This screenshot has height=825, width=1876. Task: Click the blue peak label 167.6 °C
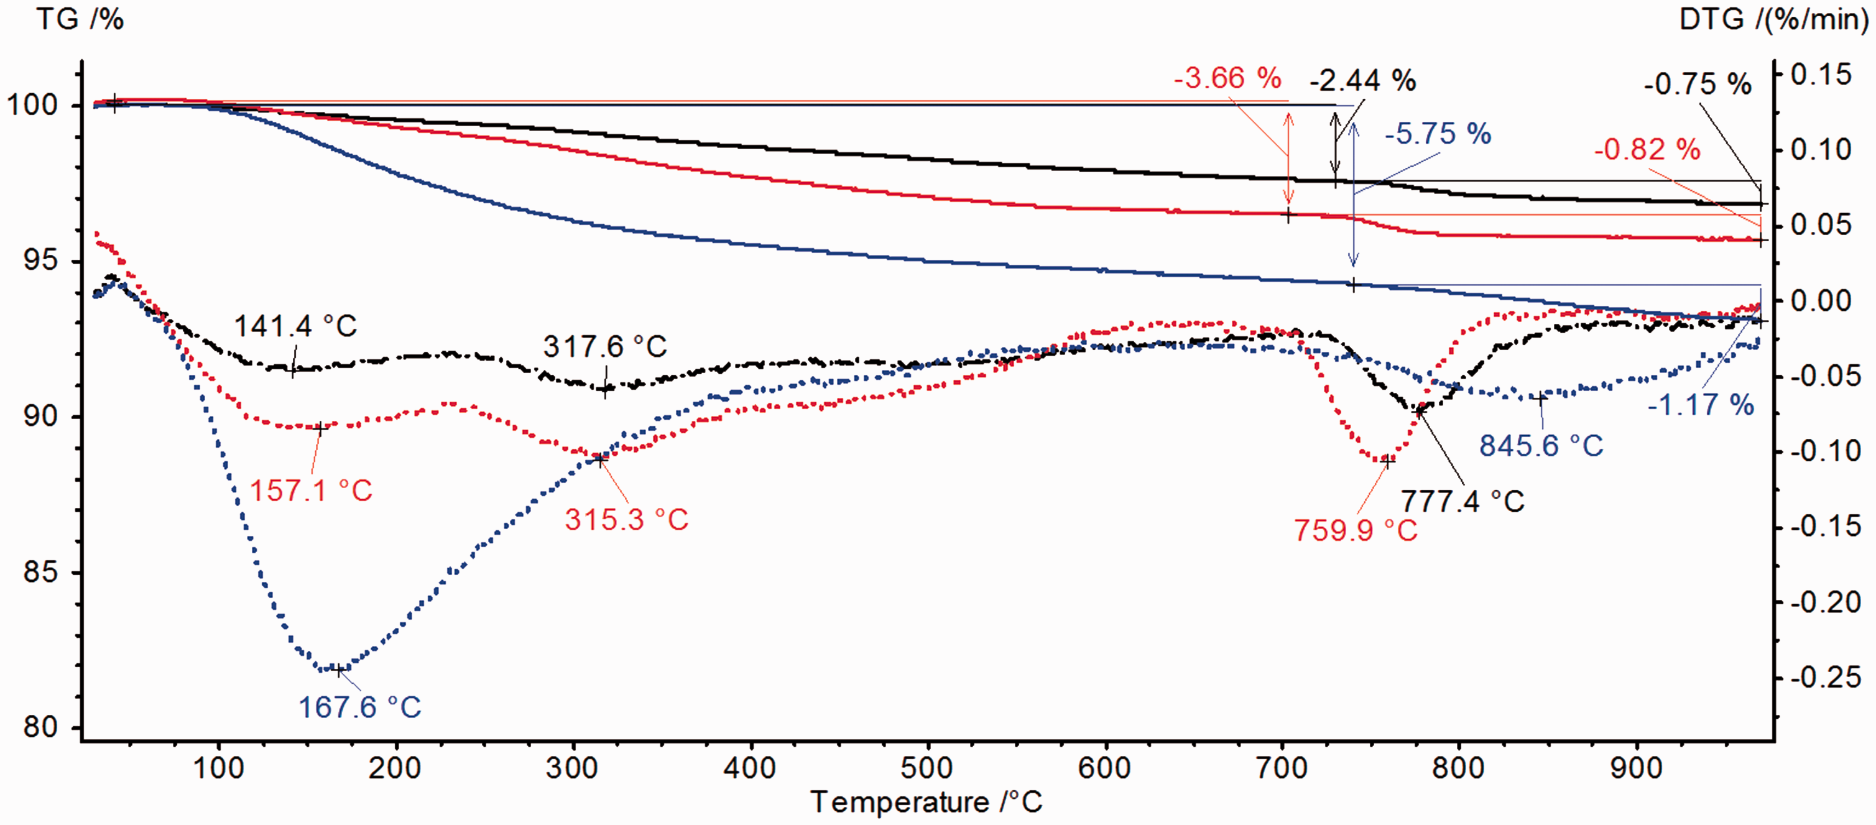tap(360, 707)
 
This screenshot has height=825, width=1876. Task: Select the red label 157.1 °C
tap(311, 491)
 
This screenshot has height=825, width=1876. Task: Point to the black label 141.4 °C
tap(296, 326)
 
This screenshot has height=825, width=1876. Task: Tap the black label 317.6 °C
tap(605, 347)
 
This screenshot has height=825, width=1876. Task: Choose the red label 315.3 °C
tap(626, 520)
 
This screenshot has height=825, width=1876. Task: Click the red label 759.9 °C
tap(1356, 531)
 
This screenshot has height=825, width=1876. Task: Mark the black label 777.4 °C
tap(1462, 502)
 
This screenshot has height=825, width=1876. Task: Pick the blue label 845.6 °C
tap(1541, 446)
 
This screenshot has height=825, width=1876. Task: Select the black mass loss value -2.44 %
tap(1362, 81)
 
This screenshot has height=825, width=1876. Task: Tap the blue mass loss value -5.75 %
tap(1438, 134)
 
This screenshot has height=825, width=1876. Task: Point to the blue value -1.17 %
tap(1701, 405)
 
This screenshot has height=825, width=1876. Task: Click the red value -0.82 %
tap(1647, 150)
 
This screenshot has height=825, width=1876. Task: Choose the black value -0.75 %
tap(1698, 85)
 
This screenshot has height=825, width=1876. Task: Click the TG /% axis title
tap(80, 19)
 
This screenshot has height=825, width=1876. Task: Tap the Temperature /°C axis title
tap(926, 803)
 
